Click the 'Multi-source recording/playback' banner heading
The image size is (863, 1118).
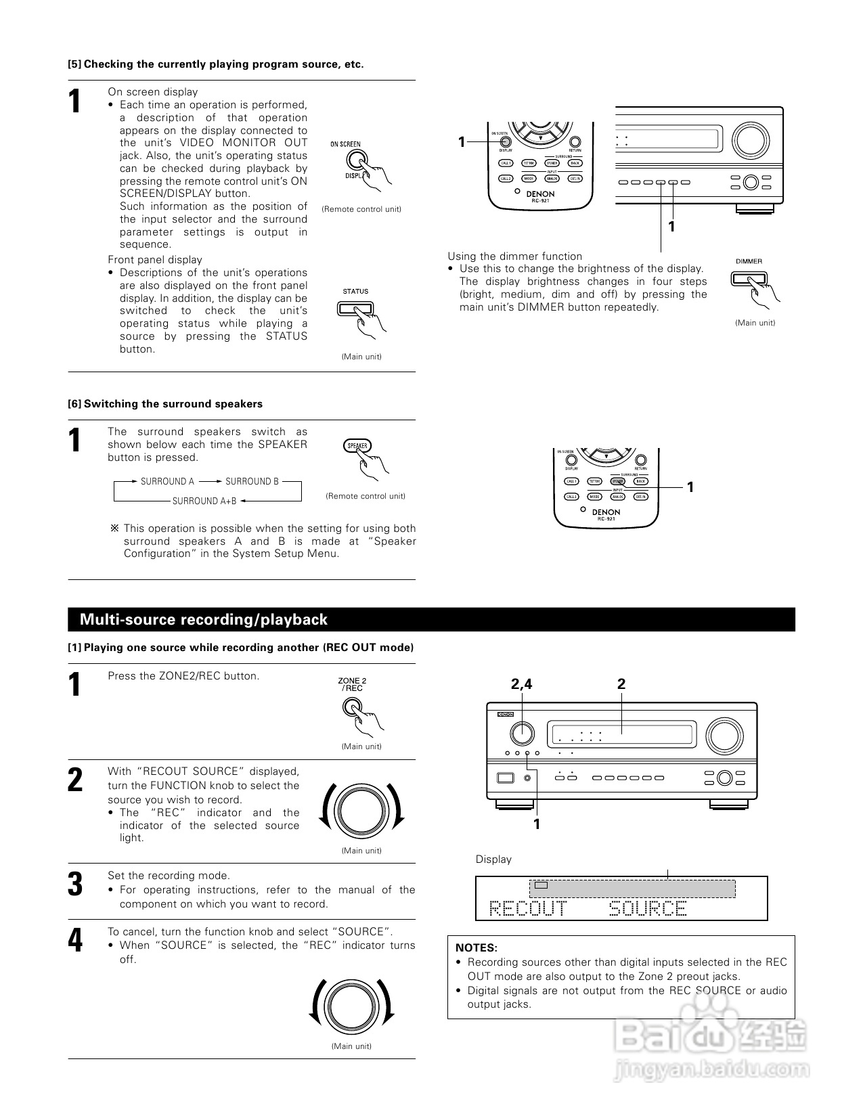pos(203,619)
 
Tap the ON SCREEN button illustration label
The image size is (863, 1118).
pos(345,144)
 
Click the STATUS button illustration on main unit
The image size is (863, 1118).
pos(355,308)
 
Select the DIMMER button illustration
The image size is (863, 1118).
pos(748,278)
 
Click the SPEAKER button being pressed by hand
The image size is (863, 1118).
pos(357,446)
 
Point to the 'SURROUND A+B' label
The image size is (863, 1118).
pos(204,501)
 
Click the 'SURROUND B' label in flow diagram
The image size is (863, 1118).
pos(252,482)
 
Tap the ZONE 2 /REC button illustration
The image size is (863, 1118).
pos(352,707)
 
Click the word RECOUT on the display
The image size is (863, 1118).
pos(528,908)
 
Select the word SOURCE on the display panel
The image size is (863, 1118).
pos(648,908)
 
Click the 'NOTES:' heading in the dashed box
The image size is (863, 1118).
pos(476,947)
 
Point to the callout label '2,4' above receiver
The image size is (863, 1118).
pos(521,684)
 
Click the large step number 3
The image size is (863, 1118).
pos(75,884)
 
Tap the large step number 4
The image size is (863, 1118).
pos(75,940)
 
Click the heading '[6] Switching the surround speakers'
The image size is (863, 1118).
pos(164,404)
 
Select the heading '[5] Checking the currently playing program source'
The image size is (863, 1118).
pos(215,64)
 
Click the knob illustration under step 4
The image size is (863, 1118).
pos(351,1004)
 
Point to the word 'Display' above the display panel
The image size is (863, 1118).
pos(493,859)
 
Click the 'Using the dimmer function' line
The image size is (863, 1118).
pos(514,256)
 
